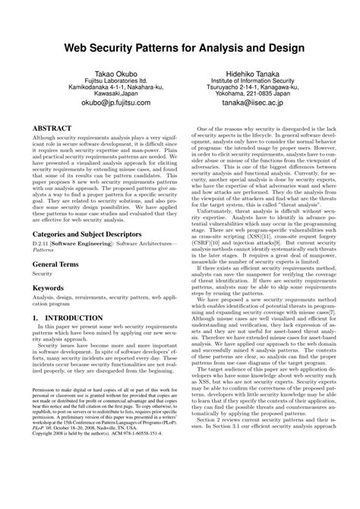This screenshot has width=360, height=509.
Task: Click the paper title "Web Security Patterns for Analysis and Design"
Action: coord(179,48)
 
